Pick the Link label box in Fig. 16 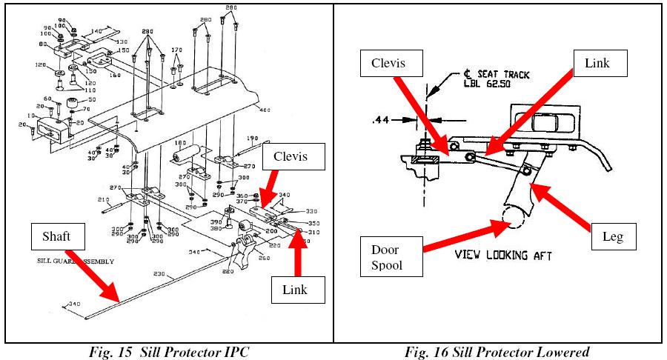point(597,63)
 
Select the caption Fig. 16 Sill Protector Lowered point(497,351)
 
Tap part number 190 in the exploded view point(253,139)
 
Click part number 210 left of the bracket point(103,200)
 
